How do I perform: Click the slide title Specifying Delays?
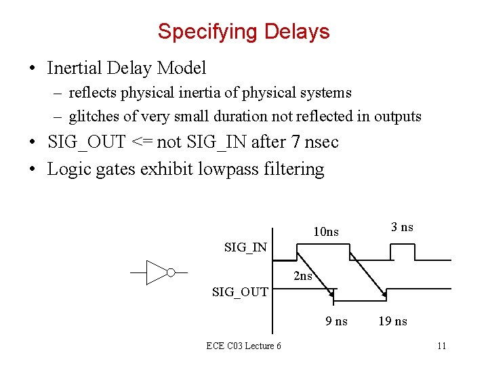(243, 32)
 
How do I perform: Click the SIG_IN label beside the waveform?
(245, 247)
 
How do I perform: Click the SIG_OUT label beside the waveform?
(240, 292)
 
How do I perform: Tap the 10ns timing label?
(325, 232)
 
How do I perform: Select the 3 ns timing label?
(402, 227)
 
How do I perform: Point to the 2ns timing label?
(303, 276)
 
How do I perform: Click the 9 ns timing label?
(336, 321)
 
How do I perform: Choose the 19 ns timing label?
(392, 321)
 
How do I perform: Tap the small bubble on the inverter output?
(171, 272)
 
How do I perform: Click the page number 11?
(441, 346)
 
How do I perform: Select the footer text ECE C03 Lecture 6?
(244, 346)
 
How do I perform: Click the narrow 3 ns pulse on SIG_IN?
(401, 251)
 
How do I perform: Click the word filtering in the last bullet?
(295, 169)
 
